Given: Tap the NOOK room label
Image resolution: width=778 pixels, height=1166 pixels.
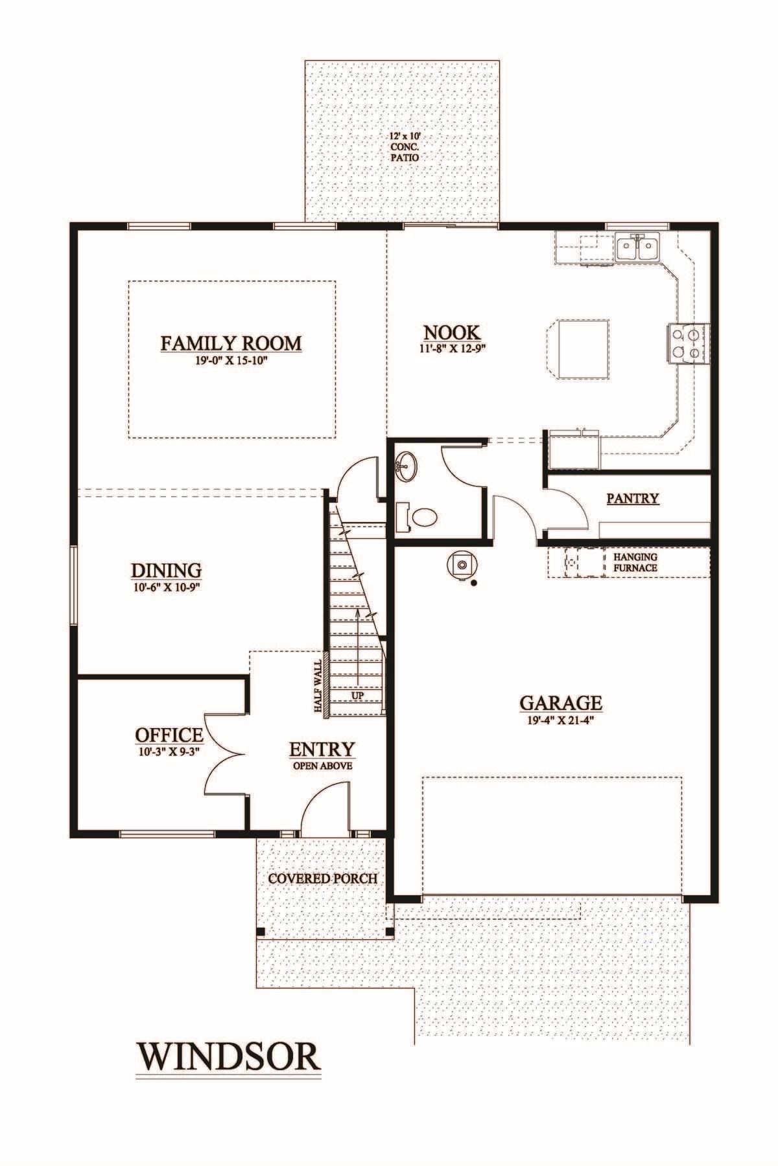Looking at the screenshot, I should pos(452,332).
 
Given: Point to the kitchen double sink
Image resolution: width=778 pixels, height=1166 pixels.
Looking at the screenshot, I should pos(638,246).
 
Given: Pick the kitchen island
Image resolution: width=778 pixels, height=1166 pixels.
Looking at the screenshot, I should pos(578,348).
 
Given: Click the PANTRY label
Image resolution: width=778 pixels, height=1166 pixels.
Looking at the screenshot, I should pos(633,498).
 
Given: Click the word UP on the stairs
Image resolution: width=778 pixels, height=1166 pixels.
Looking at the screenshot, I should pos(357,695).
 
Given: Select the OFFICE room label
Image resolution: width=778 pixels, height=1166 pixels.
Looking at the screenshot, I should pos(169,735).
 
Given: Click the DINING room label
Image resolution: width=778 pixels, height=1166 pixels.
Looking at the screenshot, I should pos(167,570).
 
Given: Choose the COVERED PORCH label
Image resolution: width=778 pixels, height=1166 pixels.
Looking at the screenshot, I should pos(322,879).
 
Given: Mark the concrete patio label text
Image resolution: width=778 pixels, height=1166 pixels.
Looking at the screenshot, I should pos(403,147).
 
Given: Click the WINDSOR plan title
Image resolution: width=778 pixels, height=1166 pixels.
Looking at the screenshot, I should pos(229,1056).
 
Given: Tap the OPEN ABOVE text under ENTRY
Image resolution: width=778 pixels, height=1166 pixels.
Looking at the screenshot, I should pos(322,765).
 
